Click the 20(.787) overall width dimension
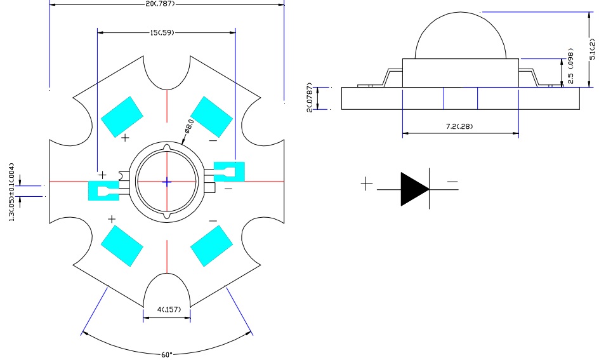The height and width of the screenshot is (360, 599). [161, 3]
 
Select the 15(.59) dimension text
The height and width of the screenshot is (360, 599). [162, 33]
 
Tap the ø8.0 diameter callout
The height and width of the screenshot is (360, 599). [189, 126]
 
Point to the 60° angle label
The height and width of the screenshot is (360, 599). [167, 355]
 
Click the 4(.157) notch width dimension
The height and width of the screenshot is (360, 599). [169, 309]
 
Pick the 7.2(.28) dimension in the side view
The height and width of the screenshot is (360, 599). [459, 126]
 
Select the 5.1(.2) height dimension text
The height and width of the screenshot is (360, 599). [592, 48]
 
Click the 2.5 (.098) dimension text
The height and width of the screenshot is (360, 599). [570, 66]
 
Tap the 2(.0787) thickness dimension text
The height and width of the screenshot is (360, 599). [310, 97]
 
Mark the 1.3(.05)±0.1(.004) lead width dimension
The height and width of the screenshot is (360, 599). [12, 192]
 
